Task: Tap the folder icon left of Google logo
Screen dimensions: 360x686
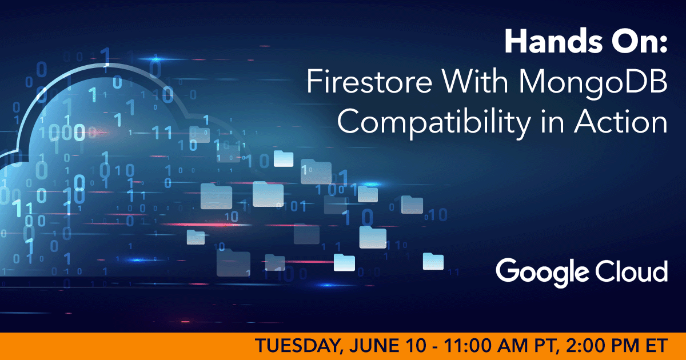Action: click(x=433, y=261)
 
